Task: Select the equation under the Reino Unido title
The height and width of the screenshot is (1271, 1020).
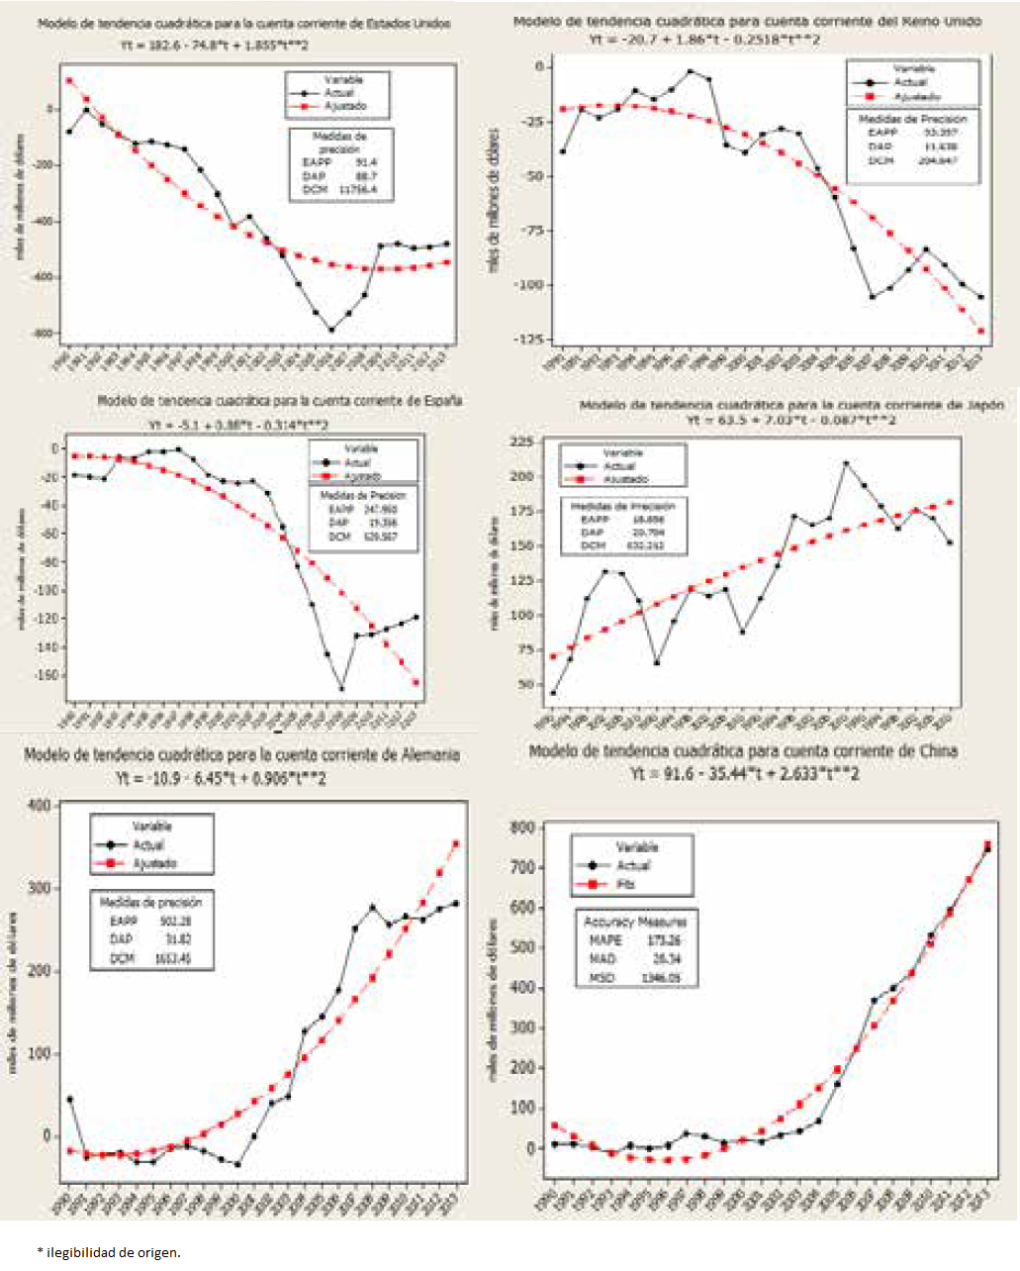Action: click(x=703, y=40)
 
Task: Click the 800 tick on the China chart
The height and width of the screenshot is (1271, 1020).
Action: click(x=521, y=828)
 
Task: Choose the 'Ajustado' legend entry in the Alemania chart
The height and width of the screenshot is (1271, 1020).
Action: click(x=154, y=864)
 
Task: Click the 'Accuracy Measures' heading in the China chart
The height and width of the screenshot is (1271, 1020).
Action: click(x=635, y=922)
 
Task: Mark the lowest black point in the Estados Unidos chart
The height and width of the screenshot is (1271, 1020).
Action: click(x=331, y=330)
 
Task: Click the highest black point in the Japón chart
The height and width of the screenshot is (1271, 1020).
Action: click(x=845, y=463)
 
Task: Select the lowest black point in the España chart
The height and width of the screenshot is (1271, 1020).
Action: click(x=341, y=689)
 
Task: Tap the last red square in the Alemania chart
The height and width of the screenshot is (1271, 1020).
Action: click(x=455, y=843)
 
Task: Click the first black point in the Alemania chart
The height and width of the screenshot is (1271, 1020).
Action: click(x=69, y=1099)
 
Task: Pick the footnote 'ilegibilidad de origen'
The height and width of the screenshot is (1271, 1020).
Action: click(x=113, y=1252)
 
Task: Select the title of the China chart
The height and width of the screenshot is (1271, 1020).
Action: click(x=743, y=751)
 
